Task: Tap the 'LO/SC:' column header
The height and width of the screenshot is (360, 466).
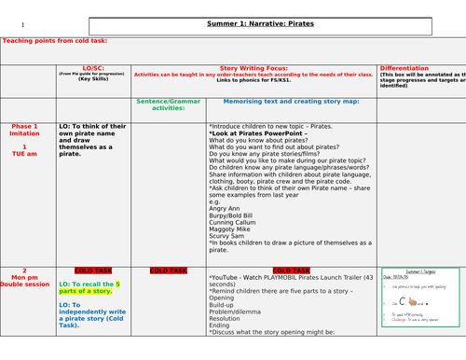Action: click(x=92, y=68)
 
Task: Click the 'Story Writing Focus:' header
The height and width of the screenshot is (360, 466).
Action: click(x=254, y=68)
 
